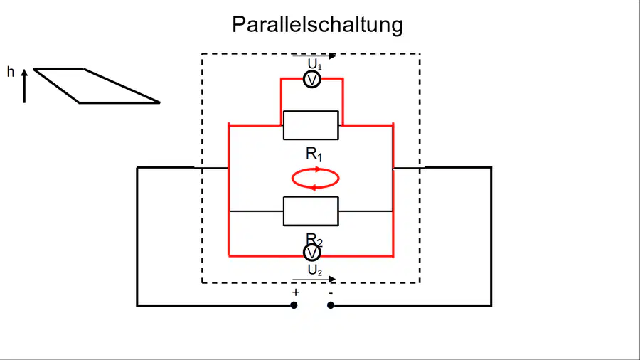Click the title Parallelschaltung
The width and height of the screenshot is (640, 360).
point(318,25)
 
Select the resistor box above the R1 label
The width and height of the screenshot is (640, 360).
point(311,125)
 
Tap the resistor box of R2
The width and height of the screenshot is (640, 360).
point(311,211)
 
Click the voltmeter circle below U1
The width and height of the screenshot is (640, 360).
point(312,80)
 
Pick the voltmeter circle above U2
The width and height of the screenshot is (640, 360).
point(312,253)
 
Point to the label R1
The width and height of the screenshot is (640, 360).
point(314,154)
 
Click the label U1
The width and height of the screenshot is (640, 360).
point(314,64)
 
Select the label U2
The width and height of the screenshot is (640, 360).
point(314,270)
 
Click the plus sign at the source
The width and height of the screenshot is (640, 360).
point(296,292)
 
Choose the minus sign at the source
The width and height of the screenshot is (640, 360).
point(331,292)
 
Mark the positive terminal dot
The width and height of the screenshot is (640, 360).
point(294,305)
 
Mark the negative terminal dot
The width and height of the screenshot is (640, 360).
point(331,305)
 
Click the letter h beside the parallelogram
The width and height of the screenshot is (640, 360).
point(11,73)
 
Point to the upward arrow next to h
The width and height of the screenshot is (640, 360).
point(24,85)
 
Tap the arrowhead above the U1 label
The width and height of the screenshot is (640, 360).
point(332,56)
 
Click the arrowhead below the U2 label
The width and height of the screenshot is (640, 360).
point(332,279)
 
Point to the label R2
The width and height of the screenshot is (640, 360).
point(314,240)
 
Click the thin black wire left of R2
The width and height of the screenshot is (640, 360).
point(256,211)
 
